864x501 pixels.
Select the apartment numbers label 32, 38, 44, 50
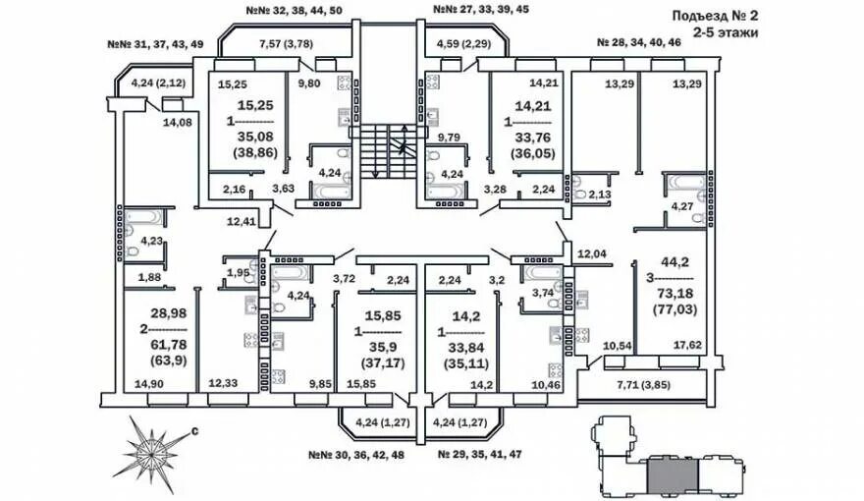click(x=294, y=11)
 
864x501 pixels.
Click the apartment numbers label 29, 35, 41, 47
click(x=480, y=456)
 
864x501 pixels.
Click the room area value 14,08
click(x=178, y=122)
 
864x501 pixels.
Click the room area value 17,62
click(x=686, y=345)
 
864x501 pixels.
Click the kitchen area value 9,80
click(x=310, y=83)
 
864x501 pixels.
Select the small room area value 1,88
click(x=148, y=278)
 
